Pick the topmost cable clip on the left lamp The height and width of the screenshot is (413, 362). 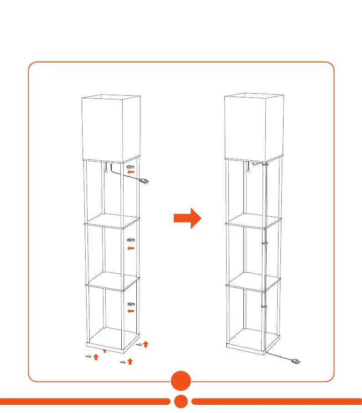(x=131, y=167)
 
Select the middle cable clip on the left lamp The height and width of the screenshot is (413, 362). (x=131, y=240)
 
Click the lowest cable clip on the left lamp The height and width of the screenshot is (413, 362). (x=131, y=304)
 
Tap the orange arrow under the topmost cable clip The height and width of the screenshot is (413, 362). (x=131, y=173)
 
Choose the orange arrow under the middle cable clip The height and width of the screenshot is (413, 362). (x=131, y=248)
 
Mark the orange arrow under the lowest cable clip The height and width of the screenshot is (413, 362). (x=131, y=311)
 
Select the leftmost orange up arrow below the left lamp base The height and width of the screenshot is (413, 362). (x=96, y=357)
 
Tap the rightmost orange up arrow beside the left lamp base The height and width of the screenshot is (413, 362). (x=145, y=344)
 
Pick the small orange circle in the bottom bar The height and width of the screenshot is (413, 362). (x=181, y=402)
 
